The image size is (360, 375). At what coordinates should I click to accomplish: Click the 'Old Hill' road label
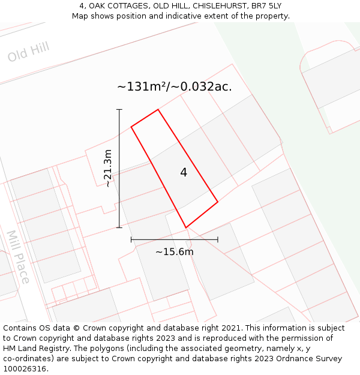[28, 52]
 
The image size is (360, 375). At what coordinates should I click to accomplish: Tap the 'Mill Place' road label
[18, 256]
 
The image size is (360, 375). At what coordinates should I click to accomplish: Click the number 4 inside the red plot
[184, 173]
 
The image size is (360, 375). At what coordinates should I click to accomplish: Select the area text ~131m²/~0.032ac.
[174, 86]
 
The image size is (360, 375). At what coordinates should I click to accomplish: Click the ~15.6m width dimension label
[174, 252]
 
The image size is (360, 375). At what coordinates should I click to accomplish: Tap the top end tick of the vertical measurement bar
[119, 110]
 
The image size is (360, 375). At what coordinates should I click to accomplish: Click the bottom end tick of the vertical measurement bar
[119, 227]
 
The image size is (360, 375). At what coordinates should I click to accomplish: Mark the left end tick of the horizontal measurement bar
[131, 239]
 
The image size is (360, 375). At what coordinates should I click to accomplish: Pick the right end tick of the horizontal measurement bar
[218, 239]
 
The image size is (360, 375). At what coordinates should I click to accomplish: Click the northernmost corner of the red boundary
[158, 110]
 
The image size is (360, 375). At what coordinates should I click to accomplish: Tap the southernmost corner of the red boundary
[186, 227]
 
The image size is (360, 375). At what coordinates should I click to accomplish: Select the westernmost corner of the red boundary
[131, 127]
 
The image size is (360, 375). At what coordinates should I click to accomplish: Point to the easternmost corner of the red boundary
[218, 202]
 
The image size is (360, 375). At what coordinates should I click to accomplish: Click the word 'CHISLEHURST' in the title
[220, 6]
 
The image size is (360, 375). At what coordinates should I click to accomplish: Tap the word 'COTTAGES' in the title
[110, 6]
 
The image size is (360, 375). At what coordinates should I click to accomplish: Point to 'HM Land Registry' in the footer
[34, 349]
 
